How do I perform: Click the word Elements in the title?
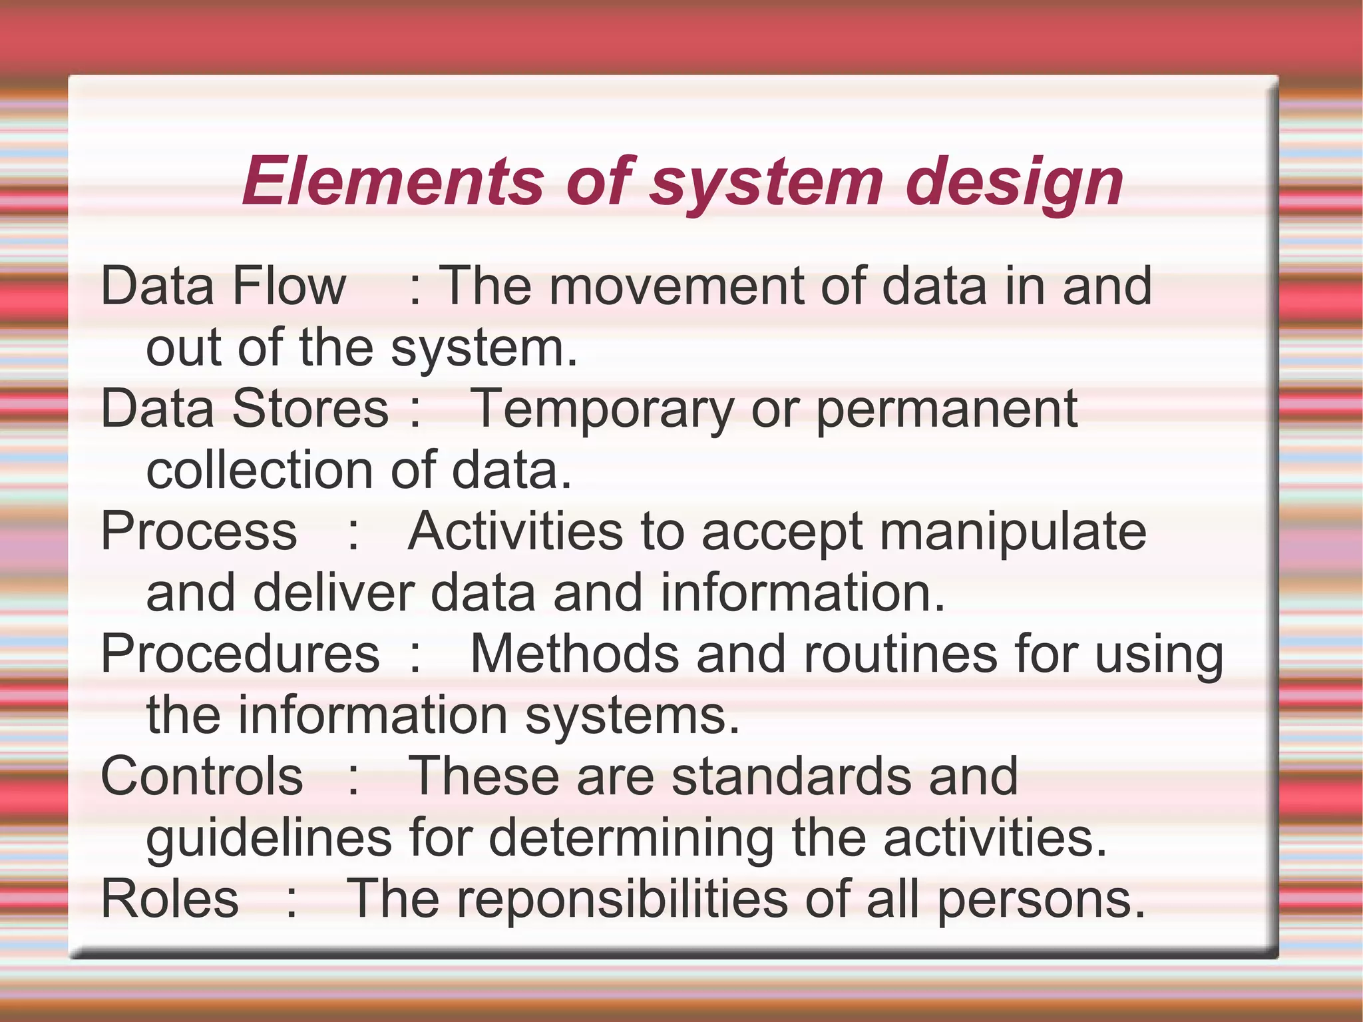tap(393, 181)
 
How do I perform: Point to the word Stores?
tap(310, 409)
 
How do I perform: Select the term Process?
tap(198, 531)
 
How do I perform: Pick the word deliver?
tap(333, 593)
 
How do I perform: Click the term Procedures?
tap(240, 654)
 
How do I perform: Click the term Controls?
tap(202, 776)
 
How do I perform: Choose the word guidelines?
tap(269, 839)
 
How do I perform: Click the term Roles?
tap(170, 899)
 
